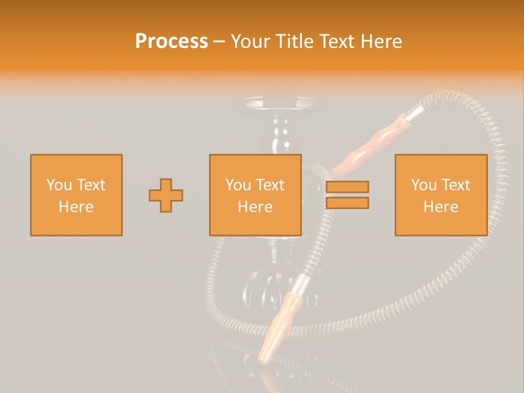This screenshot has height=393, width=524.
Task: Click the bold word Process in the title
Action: (171, 41)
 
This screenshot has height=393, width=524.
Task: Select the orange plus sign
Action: (166, 195)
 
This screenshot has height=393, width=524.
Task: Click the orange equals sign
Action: (348, 195)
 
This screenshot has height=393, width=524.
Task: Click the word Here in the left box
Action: (76, 207)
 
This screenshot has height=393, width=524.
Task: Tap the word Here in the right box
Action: (441, 207)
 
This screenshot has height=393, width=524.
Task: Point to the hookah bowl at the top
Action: (279, 104)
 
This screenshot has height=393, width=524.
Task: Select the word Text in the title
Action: (338, 41)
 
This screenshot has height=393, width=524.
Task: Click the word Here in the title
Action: (382, 41)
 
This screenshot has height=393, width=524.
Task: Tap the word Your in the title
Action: (251, 41)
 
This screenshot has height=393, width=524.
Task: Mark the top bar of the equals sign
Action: (348, 187)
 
